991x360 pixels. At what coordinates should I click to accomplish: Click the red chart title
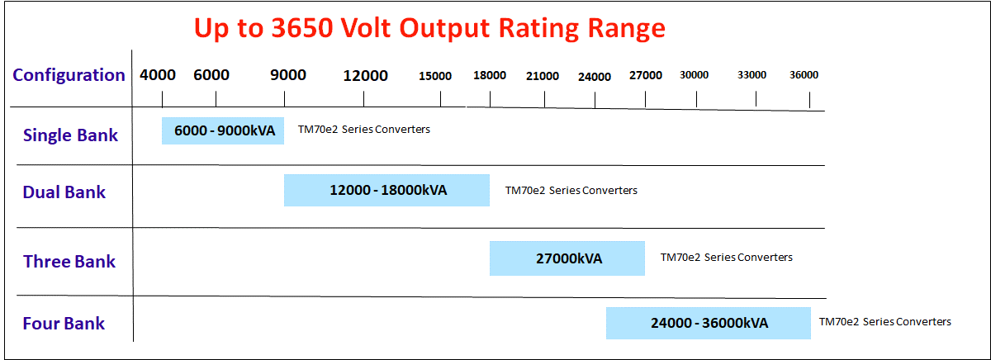click(429, 27)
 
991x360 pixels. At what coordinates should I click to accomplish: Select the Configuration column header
click(69, 75)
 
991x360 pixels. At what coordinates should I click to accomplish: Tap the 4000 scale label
click(158, 75)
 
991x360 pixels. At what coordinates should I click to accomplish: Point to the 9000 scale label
click(288, 75)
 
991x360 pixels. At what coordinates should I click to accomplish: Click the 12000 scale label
click(365, 76)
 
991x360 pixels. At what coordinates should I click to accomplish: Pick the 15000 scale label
click(435, 77)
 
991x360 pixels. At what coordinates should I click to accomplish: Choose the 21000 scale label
click(543, 77)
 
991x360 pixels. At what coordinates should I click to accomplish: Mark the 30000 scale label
click(695, 75)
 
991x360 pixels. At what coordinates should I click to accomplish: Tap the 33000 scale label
click(752, 75)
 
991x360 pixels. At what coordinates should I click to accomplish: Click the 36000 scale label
click(804, 75)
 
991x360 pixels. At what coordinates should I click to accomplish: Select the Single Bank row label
click(70, 135)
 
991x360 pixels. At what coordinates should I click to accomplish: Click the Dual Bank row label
click(64, 192)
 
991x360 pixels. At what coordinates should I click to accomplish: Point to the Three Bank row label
click(69, 262)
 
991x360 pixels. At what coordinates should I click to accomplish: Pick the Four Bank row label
click(64, 324)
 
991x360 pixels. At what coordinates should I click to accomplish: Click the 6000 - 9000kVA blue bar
click(223, 130)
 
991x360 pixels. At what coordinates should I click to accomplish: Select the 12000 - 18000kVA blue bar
click(386, 190)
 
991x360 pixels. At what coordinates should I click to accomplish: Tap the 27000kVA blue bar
click(567, 258)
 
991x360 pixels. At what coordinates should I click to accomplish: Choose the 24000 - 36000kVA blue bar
click(708, 323)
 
